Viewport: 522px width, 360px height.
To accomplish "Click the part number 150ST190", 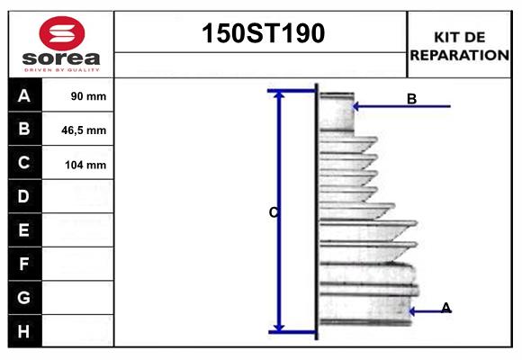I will tap(261, 33).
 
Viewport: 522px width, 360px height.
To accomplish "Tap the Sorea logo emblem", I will tap(61, 33).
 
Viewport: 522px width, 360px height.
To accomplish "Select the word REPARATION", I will tap(460, 54).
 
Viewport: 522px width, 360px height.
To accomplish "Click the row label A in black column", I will tap(24, 95).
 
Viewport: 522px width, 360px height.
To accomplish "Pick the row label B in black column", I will tap(24, 129).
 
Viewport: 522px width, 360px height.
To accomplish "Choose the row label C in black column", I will tap(24, 163).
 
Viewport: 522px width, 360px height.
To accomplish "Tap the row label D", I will tap(24, 196).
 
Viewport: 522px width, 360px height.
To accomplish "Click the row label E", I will tap(24, 230).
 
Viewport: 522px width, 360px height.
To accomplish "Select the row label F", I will tap(24, 264).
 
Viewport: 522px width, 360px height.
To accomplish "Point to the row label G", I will tap(24, 297).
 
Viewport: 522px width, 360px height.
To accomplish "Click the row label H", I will tap(24, 331).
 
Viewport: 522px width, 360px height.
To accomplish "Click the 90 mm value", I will tap(88, 96).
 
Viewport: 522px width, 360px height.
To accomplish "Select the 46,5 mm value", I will tap(84, 130).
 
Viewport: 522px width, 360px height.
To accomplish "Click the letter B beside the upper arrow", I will tap(411, 99).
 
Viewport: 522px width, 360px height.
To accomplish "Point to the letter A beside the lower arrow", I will tap(445, 308).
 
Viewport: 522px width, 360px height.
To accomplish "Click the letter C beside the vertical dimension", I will tap(273, 212).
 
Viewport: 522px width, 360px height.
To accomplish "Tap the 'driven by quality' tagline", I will tap(61, 68).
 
